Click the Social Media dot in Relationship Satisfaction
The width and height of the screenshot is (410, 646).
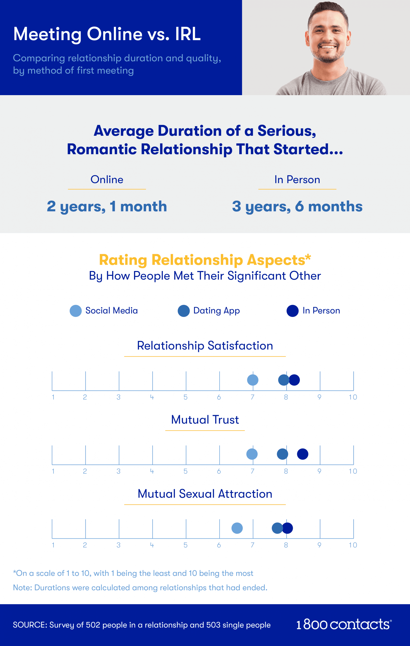pyautogui.click(x=253, y=380)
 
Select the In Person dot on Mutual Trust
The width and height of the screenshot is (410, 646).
pyautogui.click(x=303, y=454)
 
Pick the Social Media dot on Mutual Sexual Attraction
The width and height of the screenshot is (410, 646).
pyautogui.click(x=237, y=528)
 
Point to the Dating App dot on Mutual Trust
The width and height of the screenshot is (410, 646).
pyautogui.click(x=282, y=454)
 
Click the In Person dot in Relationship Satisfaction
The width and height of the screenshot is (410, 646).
pyautogui.click(x=295, y=380)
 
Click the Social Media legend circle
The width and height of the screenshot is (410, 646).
pyautogui.click(x=76, y=311)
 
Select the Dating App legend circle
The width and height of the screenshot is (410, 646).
pyautogui.click(x=184, y=311)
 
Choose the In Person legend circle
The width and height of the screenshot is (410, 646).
pyautogui.click(x=292, y=311)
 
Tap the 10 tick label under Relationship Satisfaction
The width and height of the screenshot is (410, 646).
pyautogui.click(x=353, y=397)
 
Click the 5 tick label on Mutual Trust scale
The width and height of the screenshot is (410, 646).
pyautogui.click(x=185, y=471)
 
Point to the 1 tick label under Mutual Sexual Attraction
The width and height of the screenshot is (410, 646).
pyautogui.click(x=53, y=545)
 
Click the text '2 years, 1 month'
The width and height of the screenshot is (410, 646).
pyautogui.click(x=107, y=207)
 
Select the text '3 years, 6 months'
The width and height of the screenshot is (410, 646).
pyautogui.click(x=297, y=207)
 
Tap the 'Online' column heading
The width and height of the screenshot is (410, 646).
pyautogui.click(x=107, y=179)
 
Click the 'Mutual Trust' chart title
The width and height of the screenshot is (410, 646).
pyautogui.click(x=205, y=420)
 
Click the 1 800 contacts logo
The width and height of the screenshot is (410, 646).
pyautogui.click(x=344, y=625)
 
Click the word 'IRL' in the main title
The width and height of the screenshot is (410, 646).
pyautogui.click(x=188, y=34)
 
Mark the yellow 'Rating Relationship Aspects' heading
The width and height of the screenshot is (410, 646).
pyautogui.click(x=205, y=260)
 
